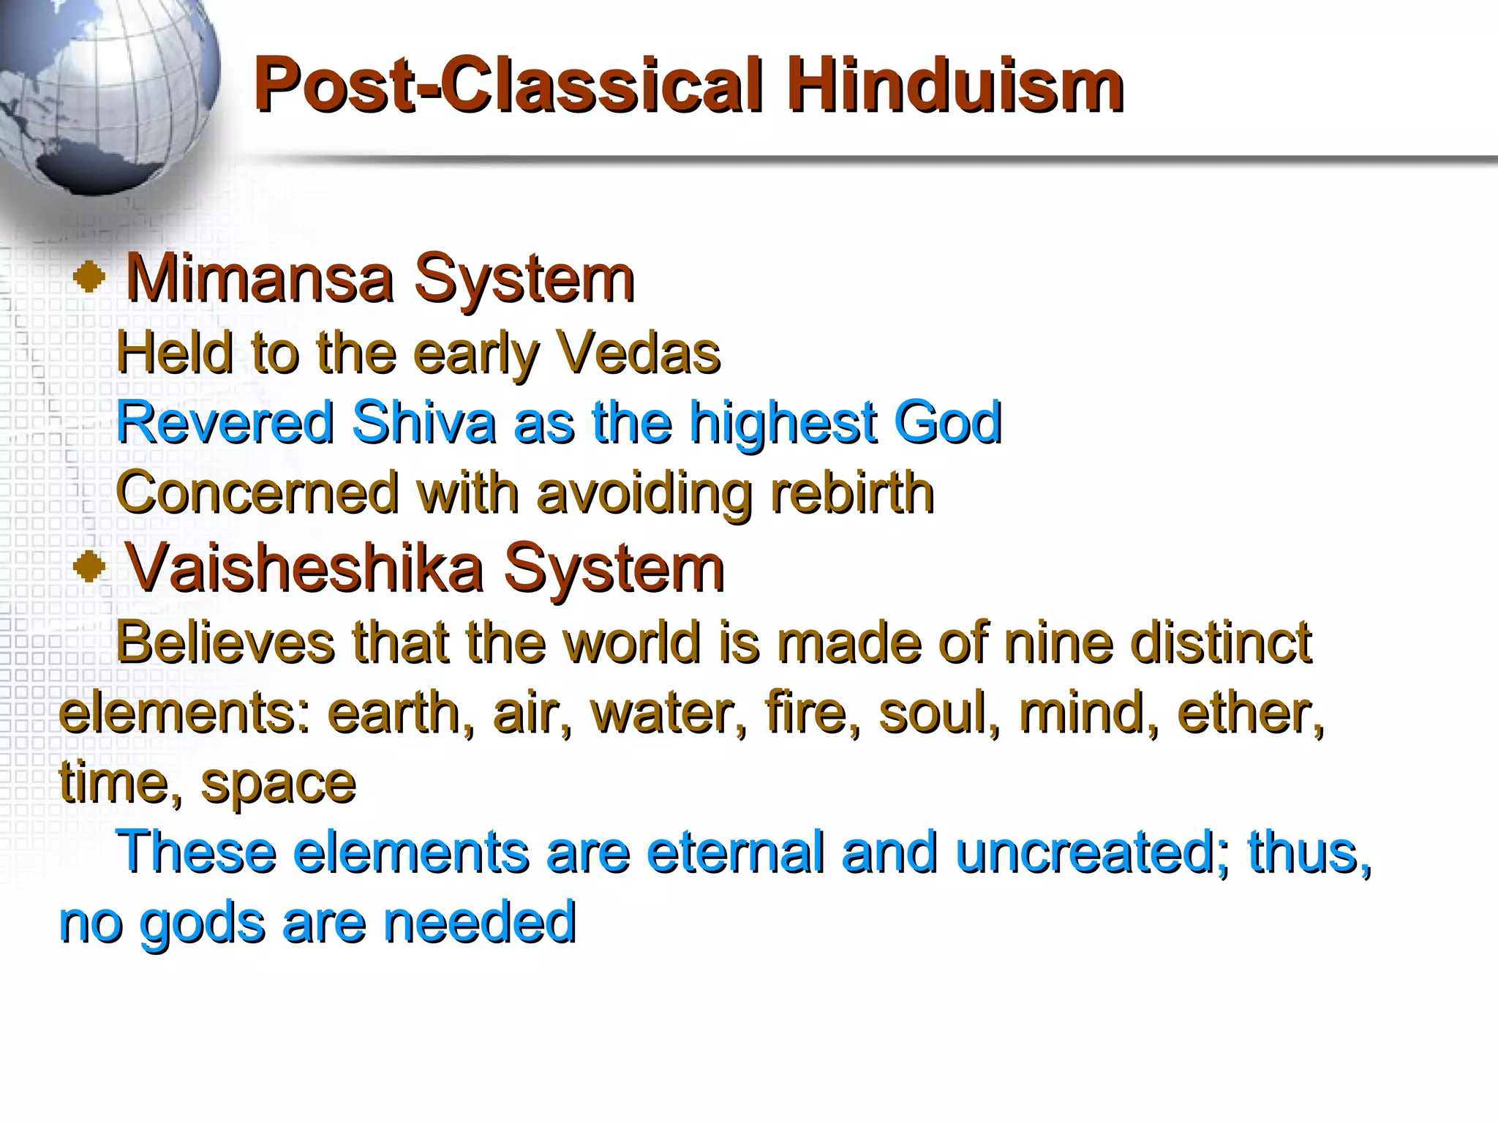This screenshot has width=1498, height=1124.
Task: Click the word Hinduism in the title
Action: (955, 86)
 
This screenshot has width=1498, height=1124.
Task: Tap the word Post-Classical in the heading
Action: (509, 86)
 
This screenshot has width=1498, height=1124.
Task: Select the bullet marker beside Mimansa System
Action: (89, 279)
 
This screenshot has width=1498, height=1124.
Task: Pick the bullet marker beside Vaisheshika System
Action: (89, 567)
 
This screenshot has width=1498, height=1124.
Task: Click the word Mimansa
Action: (260, 279)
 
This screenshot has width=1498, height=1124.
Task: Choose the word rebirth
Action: (851, 492)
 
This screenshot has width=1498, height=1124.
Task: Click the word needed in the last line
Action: (480, 922)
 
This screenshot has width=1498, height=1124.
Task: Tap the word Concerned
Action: (257, 492)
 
